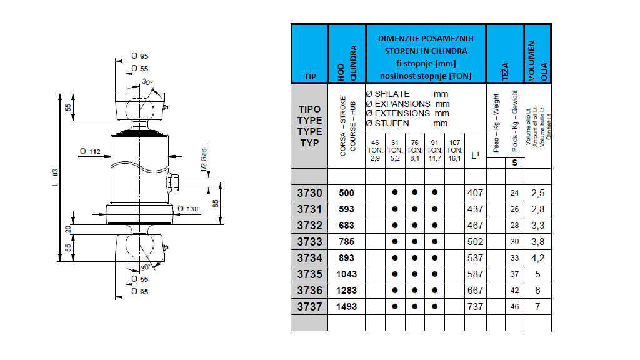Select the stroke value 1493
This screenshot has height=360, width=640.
346,306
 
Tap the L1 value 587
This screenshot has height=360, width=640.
475,274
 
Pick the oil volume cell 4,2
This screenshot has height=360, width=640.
537,257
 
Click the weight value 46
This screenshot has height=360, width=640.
514,307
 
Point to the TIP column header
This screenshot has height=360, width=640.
310,76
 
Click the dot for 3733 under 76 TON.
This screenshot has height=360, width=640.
414,241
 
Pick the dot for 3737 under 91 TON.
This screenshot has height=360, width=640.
434,306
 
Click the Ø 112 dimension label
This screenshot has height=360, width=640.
91,151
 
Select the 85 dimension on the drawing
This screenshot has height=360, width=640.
215,202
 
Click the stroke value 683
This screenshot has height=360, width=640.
346,226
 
